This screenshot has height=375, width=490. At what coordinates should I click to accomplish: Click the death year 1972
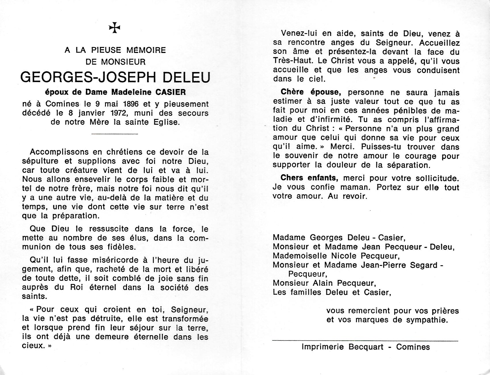(x=129, y=113)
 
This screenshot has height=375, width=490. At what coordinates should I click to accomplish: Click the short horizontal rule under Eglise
(x=115, y=134)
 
